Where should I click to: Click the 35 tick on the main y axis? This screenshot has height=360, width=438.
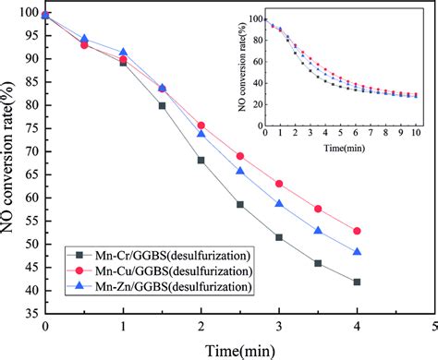coord(30,314)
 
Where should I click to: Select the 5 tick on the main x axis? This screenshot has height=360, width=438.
coord(434,327)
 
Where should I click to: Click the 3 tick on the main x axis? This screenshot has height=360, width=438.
coord(279,327)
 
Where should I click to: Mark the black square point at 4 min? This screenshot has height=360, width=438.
coord(357,282)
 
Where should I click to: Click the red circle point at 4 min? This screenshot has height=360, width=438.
coord(357,231)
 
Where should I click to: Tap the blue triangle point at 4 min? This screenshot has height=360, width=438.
coord(357,252)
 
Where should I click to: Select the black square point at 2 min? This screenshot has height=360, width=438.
coord(201,161)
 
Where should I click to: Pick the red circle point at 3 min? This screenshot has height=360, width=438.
coord(279,184)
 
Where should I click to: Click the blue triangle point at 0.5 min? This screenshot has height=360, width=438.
coord(85,39)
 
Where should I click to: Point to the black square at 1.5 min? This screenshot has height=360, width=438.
coord(163,106)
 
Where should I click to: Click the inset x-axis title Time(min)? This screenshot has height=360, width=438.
coord(343,148)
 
